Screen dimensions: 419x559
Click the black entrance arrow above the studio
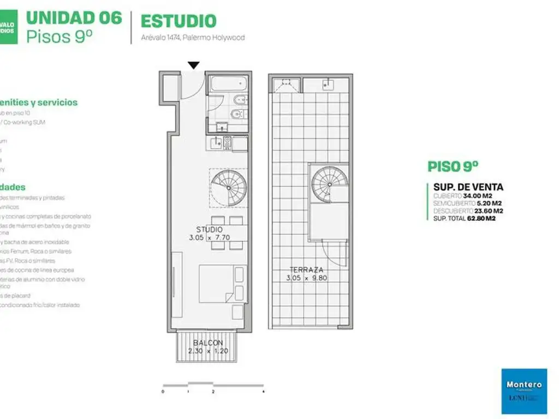tap(193, 65)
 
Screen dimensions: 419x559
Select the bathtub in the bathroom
tap(229, 85)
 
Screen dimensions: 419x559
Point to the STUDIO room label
tap(210, 230)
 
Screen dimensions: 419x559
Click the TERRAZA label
tap(307, 270)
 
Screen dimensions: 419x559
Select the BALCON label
tap(208, 343)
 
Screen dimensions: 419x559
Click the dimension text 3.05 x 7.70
tap(210, 238)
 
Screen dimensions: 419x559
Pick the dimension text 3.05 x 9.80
tap(307, 278)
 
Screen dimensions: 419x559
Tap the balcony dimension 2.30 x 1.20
tap(208, 350)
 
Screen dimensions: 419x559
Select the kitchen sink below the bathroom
tap(216, 143)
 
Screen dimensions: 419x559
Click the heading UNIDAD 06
tap(74, 17)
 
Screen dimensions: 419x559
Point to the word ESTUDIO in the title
tap(179, 21)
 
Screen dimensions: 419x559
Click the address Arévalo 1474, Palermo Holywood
tap(193, 38)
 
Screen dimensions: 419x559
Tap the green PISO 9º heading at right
tap(453, 166)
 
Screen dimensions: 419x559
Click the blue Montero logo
tap(524, 391)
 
